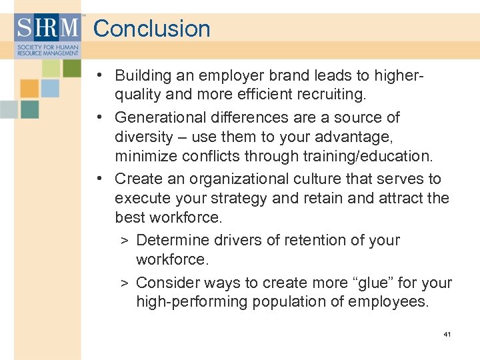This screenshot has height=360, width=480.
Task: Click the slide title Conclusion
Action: point(151,29)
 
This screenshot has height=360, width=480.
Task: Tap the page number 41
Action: point(447,334)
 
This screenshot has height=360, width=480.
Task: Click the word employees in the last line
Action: point(397,302)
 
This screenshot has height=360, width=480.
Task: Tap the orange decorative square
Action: point(29,88)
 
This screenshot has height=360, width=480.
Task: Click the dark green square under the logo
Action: point(71,67)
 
